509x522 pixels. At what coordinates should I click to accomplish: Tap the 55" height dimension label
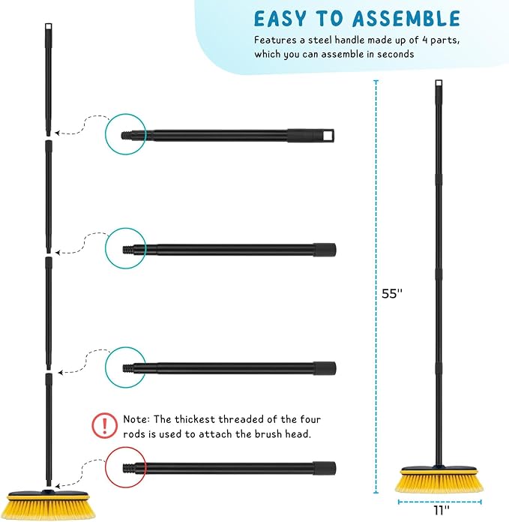[392, 294]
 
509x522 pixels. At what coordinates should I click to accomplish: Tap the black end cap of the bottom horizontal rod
[324, 468]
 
